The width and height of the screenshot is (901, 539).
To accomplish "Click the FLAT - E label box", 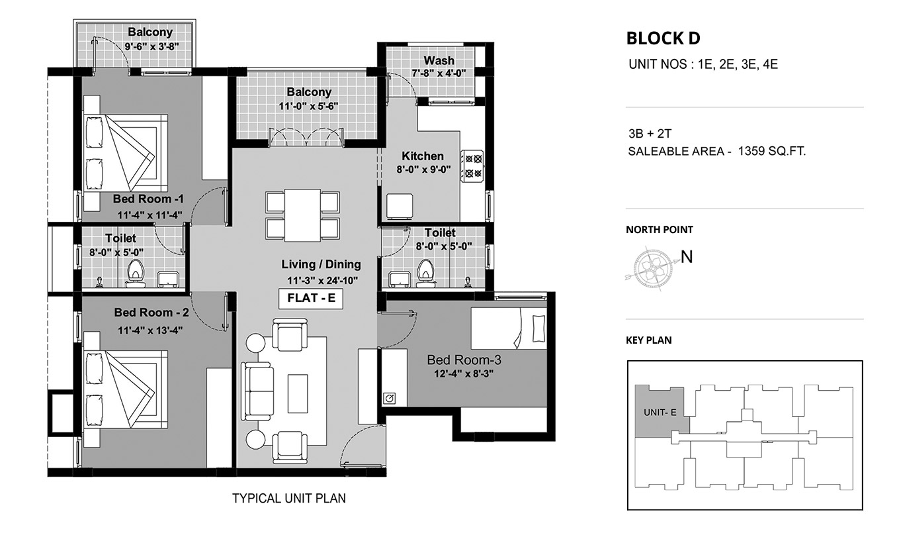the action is pos(311,298).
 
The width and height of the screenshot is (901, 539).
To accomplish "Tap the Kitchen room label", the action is pos(423,156).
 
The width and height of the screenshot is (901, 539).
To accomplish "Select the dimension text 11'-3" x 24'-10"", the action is pos(323,281).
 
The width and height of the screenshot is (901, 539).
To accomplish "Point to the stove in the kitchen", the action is pos(473,166).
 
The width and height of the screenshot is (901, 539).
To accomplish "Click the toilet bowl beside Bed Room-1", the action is pos(136,273).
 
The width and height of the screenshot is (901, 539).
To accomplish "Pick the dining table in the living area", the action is pos(302,215).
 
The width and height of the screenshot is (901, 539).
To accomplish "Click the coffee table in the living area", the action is pos(298,393).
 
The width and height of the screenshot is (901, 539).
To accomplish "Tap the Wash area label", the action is pos(439,61).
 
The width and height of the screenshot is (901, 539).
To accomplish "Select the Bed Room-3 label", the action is pos(464,360).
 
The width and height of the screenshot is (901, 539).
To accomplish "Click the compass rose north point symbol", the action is pos(652,268).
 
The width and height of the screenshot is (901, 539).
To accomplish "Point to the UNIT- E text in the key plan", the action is pos(660,413).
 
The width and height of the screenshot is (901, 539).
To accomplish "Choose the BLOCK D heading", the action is pos(664,38).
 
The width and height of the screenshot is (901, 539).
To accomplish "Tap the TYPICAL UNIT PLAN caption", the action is pos(289,499).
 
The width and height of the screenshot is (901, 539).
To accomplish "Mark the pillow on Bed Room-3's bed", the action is pos(538,328).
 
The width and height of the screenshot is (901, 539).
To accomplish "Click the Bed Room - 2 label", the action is pos(151,313).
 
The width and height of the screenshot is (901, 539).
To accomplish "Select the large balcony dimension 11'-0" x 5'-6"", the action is pos(308,107).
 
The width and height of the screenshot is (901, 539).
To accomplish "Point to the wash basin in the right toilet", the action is pos(400,279).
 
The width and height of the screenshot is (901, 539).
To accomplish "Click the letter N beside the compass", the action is pos(687,257).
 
